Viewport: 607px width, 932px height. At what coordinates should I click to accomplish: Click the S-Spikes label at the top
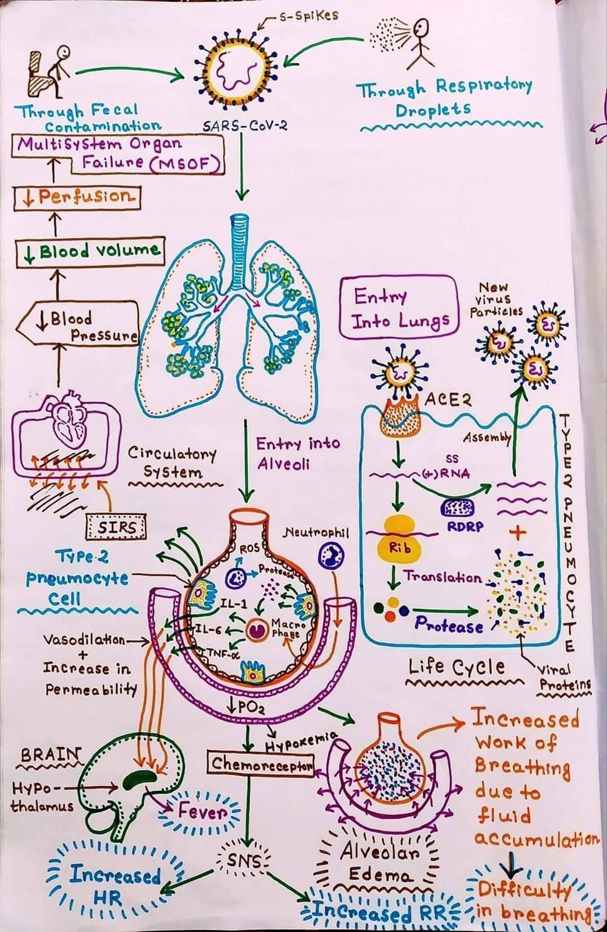308,16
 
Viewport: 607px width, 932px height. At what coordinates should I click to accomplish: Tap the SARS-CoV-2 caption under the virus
244,125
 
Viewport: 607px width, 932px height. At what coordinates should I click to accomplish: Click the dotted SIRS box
116,527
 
